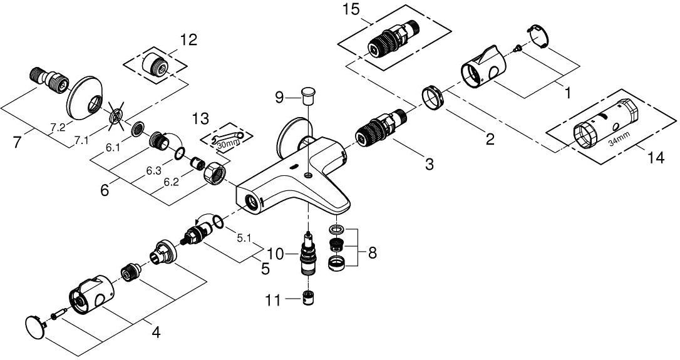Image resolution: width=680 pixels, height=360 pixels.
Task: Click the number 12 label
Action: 188,41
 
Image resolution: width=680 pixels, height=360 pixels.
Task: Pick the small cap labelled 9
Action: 307,96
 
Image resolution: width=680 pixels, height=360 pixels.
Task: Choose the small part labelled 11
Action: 307,299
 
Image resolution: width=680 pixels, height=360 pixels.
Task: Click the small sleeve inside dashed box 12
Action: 155,65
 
